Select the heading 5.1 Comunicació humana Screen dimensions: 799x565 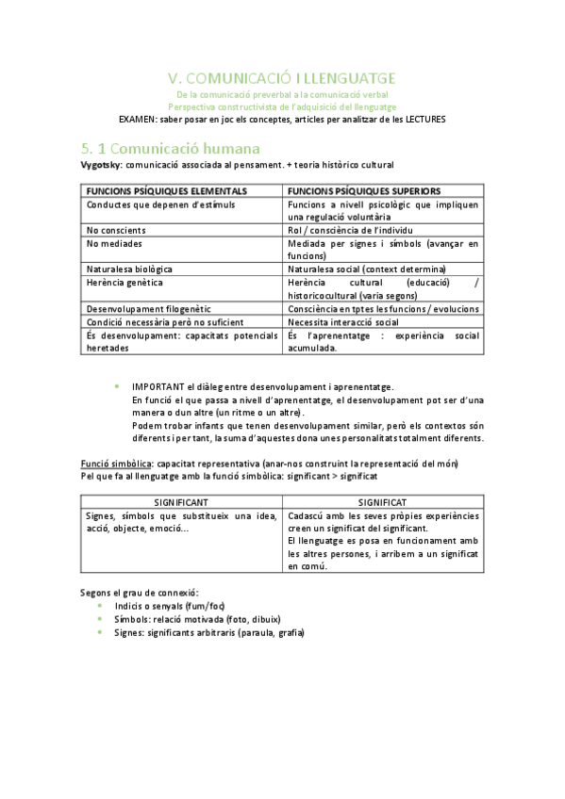(170, 148)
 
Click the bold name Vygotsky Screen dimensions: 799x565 (103, 165)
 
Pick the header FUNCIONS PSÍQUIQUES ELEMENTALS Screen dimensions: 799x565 (167, 189)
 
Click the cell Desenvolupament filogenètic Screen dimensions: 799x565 (148, 308)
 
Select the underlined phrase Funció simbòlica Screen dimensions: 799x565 (117, 463)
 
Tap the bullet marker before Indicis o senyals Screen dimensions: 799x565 (102, 605)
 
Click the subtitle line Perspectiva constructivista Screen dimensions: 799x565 (282, 106)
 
